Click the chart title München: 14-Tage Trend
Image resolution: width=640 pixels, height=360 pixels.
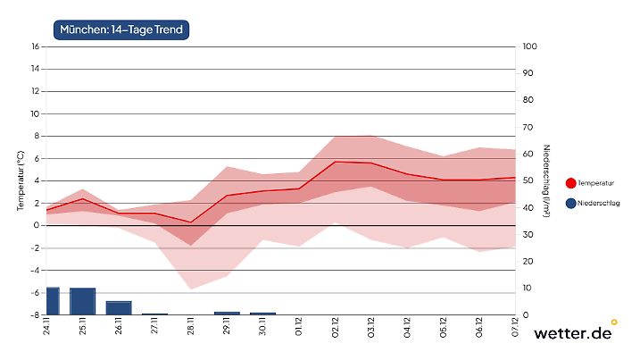click(121, 30)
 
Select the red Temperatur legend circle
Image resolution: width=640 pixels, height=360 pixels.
click(570, 182)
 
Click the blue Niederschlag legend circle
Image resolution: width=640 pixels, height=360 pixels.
click(570, 203)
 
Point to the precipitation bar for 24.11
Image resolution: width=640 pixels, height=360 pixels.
click(53, 301)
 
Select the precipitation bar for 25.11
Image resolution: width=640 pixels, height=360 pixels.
click(83, 301)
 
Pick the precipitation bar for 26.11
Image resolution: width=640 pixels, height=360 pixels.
click(119, 308)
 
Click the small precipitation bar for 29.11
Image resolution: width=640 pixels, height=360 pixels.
click(227, 313)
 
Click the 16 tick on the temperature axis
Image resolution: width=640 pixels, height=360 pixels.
click(36, 46)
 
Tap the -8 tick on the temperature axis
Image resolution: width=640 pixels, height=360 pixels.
click(35, 314)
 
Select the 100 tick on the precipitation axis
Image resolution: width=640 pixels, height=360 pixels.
click(529, 46)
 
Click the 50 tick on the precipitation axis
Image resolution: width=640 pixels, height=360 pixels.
click(528, 180)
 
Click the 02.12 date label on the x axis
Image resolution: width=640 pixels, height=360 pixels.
click(334, 328)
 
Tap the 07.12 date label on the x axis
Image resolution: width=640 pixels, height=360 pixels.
click(514, 328)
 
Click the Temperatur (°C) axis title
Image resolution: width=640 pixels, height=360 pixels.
click(20, 180)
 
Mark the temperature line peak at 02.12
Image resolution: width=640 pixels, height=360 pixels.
click(335, 162)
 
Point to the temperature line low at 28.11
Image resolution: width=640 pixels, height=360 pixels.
click(191, 222)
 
